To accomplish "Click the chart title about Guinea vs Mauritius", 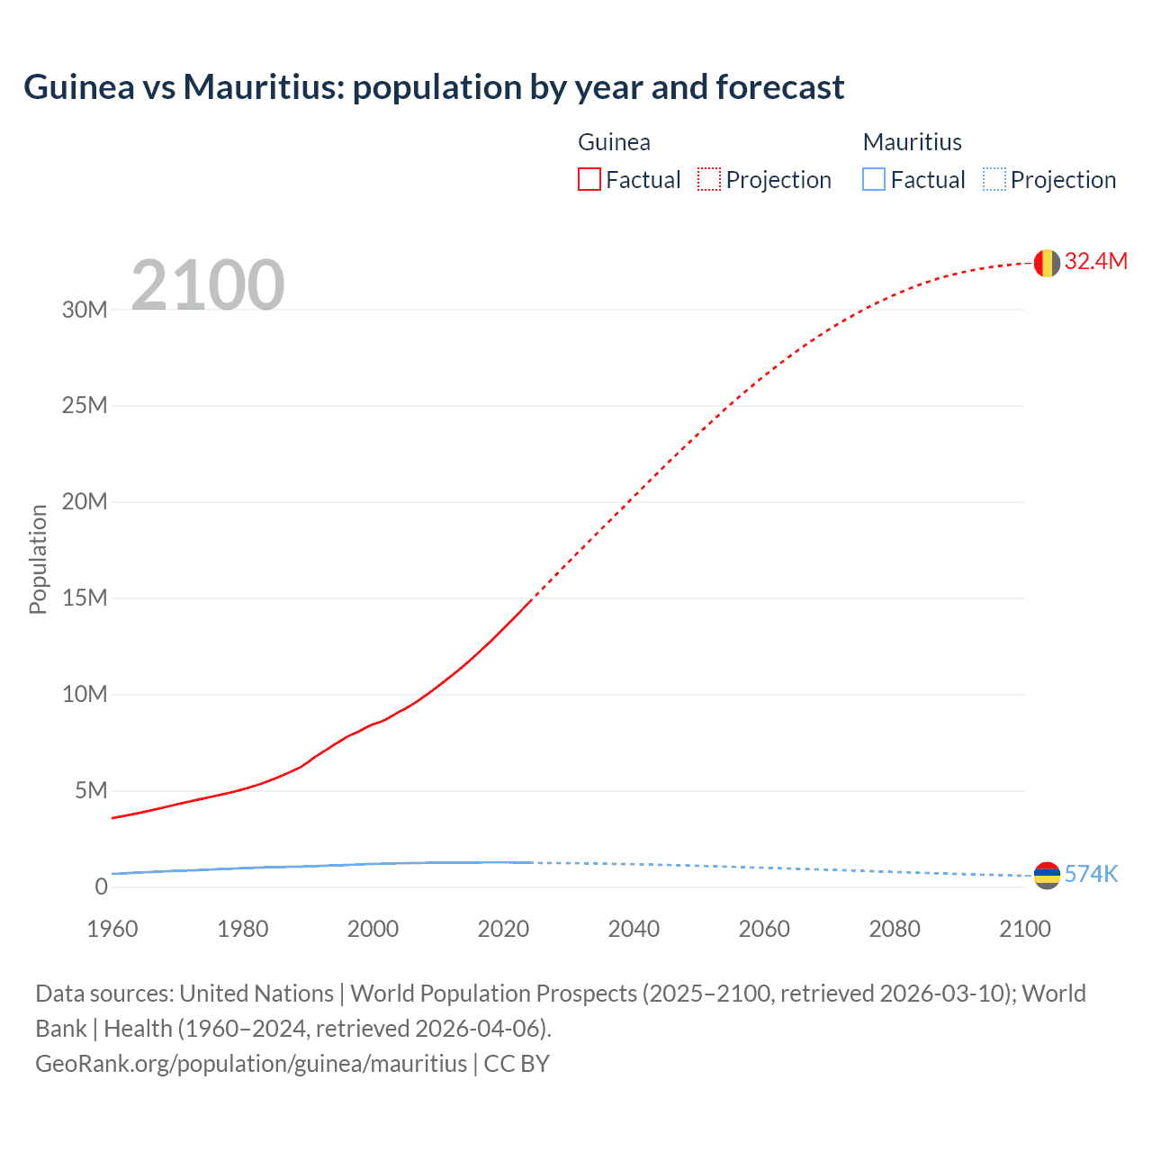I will pos(434,87).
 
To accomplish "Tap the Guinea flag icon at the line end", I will pos(1047,263).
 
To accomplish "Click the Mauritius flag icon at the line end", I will pos(1047,875).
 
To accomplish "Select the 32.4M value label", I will pos(1095,261).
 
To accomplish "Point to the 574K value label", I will pos(1091,874).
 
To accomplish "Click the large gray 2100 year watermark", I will pos(208,285).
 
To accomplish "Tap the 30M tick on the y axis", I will pos(85,310).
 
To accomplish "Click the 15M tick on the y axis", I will pos(85,598).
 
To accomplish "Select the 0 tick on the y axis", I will pos(101,886).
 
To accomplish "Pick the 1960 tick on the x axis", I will pos(112,929).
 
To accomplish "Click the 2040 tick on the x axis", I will pos(634,929).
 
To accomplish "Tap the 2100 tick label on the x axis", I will pos(1024,929).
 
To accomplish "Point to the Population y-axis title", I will pos(38,559).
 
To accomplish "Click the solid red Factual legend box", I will pos(589,180).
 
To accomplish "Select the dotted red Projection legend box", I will pos(709,180).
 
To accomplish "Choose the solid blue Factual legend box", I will pos(874,180).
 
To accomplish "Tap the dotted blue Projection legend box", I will pos(994,180).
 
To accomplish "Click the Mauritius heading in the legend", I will pos(912,142).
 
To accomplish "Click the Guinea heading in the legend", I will pos(614,142).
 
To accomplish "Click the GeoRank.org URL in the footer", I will pos(251,1063).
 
